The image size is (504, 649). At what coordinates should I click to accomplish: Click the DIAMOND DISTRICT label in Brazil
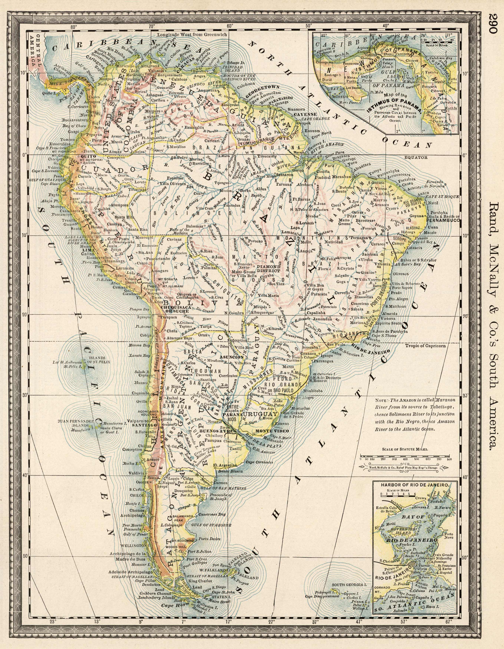coord(269,268)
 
